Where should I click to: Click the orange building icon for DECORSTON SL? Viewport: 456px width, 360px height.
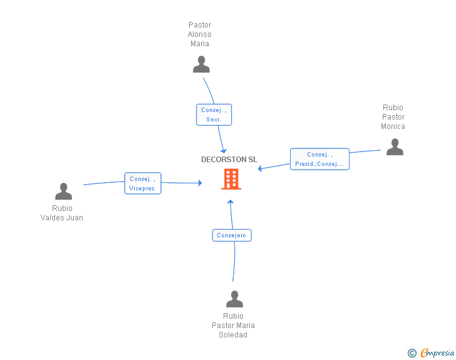pos(231,179)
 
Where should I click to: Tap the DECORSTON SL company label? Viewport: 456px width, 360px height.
pos(229,160)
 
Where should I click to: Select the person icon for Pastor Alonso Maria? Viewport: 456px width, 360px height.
pos(201,64)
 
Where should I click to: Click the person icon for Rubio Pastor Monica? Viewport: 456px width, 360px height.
pos(395,147)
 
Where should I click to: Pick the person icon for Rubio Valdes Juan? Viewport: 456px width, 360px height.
pos(63,191)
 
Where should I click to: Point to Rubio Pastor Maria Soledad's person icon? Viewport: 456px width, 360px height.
pos(234,299)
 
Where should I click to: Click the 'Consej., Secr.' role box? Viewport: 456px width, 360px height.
pos(214,115)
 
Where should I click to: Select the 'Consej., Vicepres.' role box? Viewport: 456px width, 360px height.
pos(143,183)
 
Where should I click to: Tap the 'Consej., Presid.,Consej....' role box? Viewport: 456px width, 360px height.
pos(319,159)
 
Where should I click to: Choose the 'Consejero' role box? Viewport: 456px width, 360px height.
pos(232,235)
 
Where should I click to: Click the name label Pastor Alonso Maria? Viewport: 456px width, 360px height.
pos(199,34)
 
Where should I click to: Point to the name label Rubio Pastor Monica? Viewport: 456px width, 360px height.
pos(393,117)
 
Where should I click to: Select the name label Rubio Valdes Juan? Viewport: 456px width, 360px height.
pos(62,213)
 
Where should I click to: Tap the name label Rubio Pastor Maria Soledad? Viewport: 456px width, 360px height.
pos(233,326)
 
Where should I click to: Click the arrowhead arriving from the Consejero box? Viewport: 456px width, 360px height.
pos(231,202)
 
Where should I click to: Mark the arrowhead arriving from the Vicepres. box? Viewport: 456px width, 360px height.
pos(200,183)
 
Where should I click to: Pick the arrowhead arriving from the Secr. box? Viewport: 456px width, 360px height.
pos(224,151)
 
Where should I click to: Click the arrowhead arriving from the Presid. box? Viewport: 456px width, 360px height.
pos(260,168)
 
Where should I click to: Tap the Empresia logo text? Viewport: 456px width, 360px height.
pos(437,352)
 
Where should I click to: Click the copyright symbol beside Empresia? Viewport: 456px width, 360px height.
pos(412,353)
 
